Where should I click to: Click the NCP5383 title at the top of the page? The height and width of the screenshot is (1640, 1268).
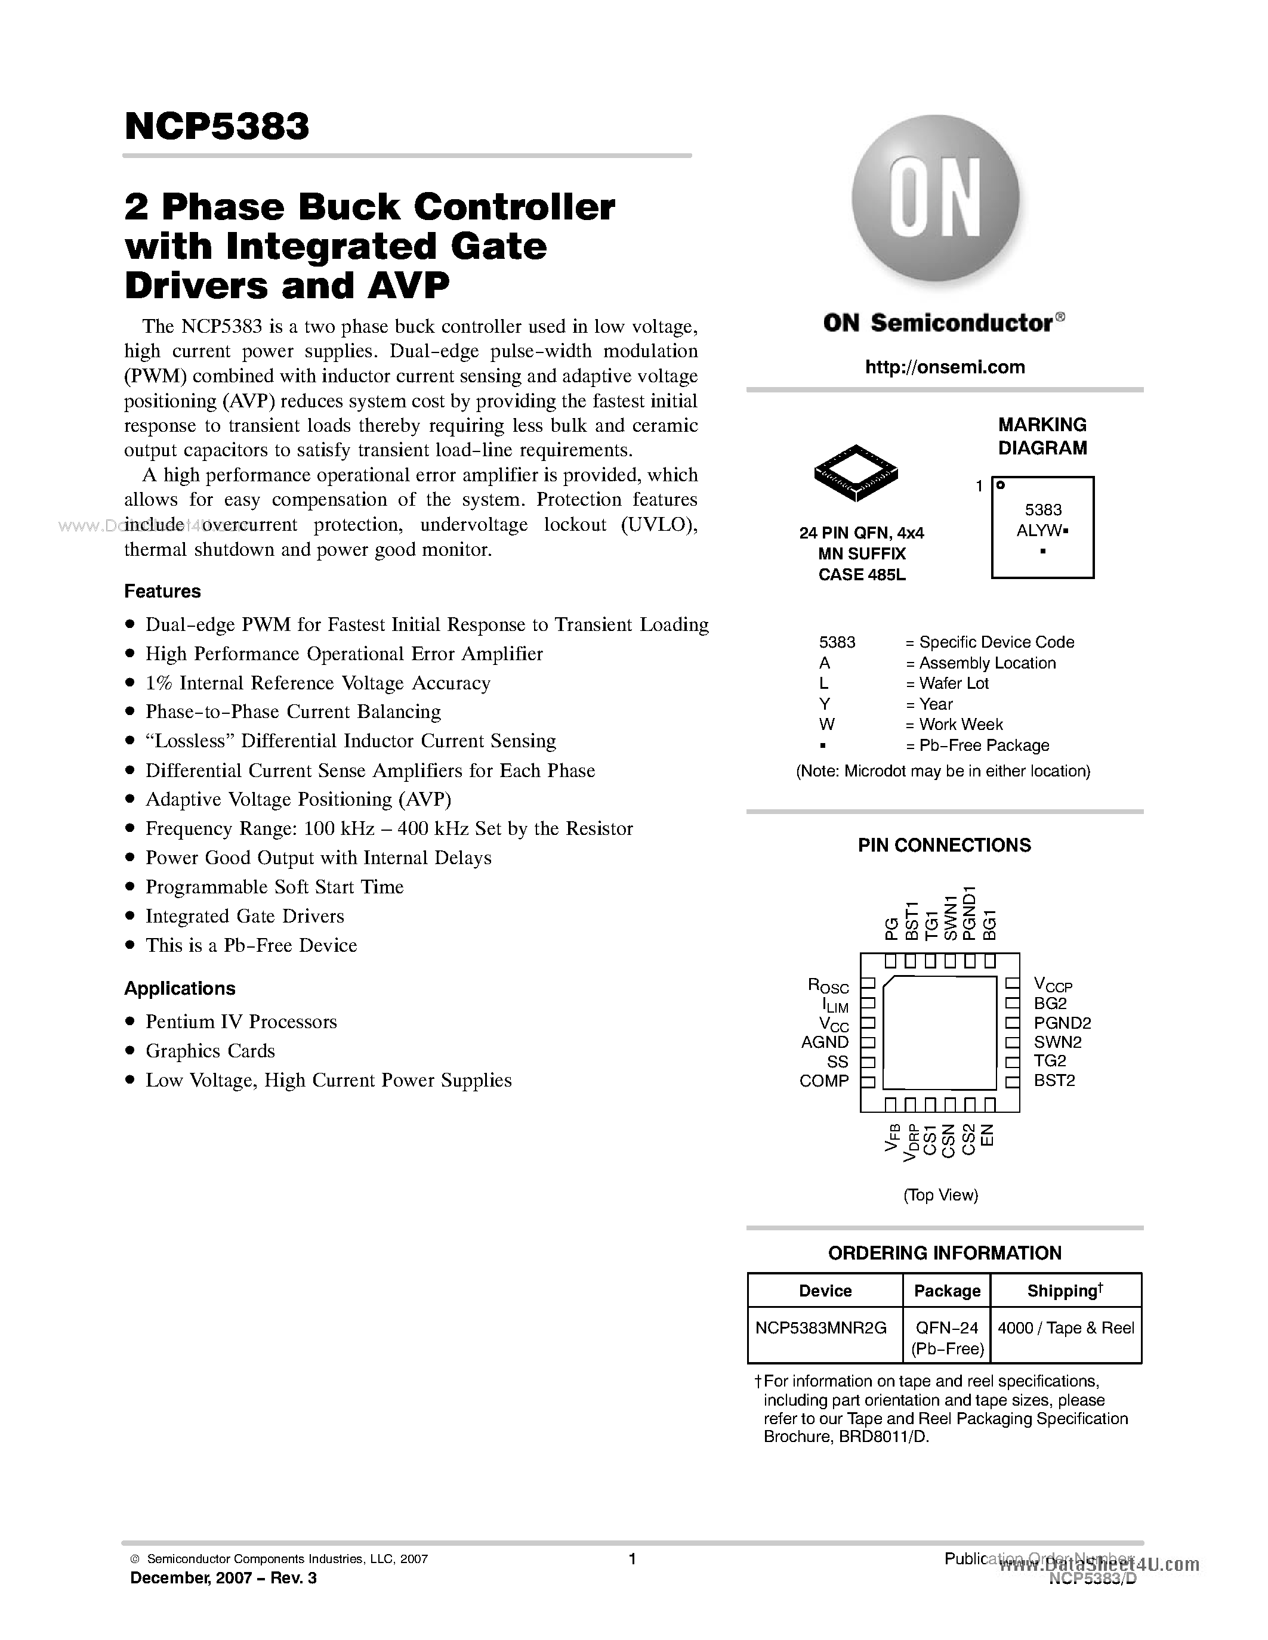point(217,127)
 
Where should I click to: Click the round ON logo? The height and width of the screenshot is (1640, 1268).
point(935,200)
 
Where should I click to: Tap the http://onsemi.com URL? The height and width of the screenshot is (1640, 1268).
point(944,367)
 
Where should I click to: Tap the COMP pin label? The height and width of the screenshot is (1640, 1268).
point(824,1081)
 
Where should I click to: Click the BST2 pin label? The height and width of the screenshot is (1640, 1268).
point(1054,1081)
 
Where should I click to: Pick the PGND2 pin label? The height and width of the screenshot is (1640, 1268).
point(1062,1023)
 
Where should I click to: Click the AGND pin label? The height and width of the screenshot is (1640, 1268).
point(825,1042)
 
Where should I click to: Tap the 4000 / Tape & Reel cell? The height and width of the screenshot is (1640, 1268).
point(1065,1328)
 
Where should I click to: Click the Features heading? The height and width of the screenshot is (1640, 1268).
point(162,592)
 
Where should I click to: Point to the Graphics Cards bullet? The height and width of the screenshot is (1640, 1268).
point(209,1051)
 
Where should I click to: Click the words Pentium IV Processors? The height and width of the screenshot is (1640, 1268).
point(240,1022)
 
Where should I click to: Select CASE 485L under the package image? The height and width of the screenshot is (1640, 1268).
point(862,575)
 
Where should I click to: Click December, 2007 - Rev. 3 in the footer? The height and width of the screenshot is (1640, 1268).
point(223,1577)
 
